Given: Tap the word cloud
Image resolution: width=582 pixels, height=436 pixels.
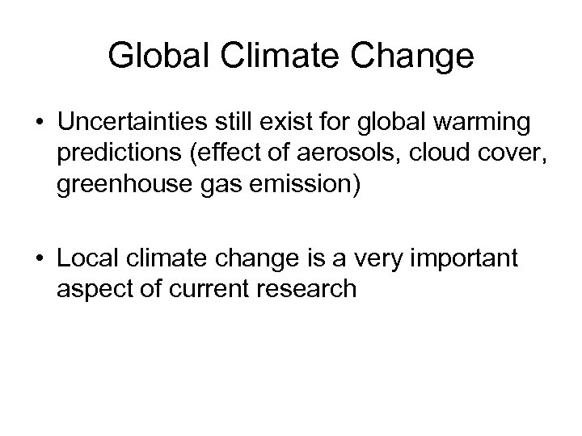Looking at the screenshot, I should [405, 153].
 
